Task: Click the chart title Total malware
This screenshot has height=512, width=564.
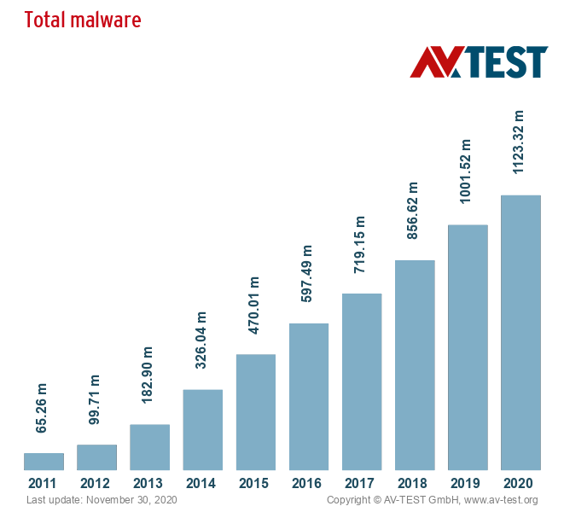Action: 82,20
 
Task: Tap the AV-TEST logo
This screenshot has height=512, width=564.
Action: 479,61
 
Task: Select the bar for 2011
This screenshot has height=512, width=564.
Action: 44,462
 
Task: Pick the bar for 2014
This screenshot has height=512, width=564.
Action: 203,429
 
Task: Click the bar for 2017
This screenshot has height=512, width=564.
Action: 362,381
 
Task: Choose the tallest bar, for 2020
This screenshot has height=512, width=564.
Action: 520,333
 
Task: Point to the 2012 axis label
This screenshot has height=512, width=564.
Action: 96,484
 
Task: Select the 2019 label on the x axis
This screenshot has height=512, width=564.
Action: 468,484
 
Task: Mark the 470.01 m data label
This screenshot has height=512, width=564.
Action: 255,305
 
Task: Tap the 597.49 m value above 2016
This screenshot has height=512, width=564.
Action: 308,274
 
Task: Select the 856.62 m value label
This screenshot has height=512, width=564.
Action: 414,210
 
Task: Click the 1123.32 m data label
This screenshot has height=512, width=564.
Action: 519,142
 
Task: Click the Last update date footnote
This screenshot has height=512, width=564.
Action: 102,500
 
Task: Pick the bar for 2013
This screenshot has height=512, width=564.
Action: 150,447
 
